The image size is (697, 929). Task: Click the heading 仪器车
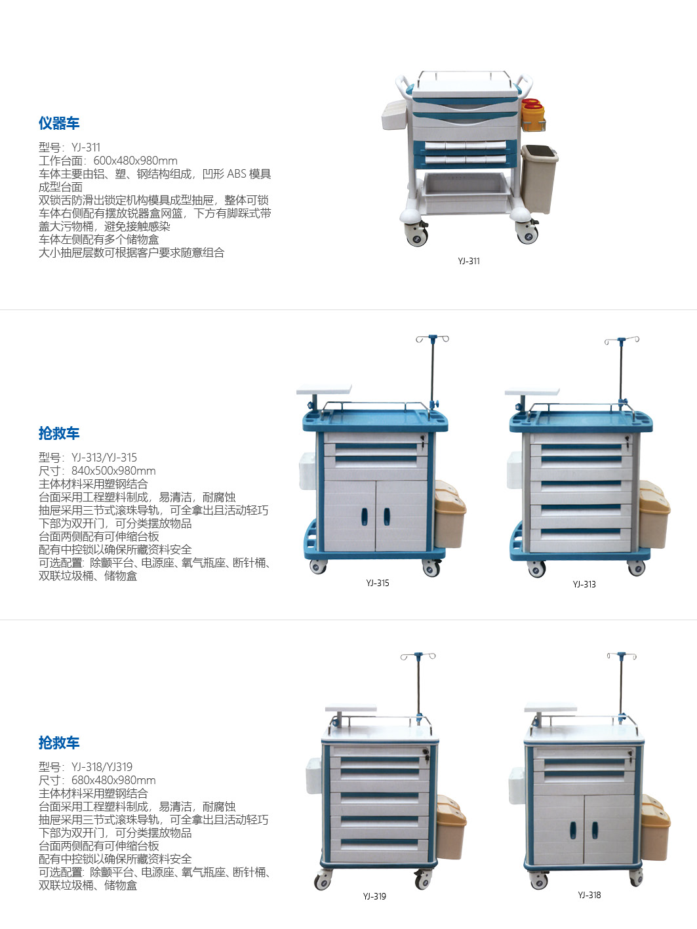click(59, 123)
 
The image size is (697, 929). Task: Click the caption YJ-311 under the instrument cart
click(469, 261)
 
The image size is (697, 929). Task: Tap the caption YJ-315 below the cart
click(378, 583)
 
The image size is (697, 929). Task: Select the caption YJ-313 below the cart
click(584, 584)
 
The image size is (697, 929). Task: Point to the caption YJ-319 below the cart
click(374, 896)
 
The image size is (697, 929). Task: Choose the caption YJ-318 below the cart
click(589, 895)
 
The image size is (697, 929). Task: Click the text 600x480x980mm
click(135, 161)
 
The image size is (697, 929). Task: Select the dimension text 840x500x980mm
click(113, 471)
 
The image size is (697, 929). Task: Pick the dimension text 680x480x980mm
click(113, 780)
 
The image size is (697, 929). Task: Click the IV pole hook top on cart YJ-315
click(432, 338)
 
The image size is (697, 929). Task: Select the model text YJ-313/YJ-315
click(104, 458)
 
